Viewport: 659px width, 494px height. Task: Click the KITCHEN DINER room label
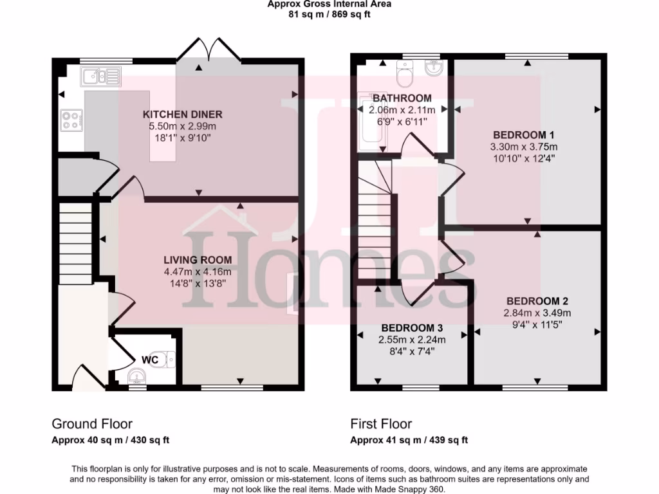click(x=183, y=114)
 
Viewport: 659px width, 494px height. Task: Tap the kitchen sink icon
click(x=100, y=77)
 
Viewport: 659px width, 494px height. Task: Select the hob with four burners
click(x=70, y=120)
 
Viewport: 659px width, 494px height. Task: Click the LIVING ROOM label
click(x=197, y=260)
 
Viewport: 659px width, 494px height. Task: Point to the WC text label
click(x=150, y=360)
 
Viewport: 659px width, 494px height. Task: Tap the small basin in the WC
click(x=136, y=375)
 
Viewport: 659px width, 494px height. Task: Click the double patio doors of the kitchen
click(x=207, y=53)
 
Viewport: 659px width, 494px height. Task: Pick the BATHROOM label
click(x=402, y=98)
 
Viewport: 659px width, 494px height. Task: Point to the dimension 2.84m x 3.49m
click(x=537, y=313)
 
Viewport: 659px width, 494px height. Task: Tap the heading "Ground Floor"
click(x=92, y=424)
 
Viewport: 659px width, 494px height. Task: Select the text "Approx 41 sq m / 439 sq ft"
click(x=409, y=441)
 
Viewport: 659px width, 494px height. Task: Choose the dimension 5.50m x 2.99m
click(x=183, y=126)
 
